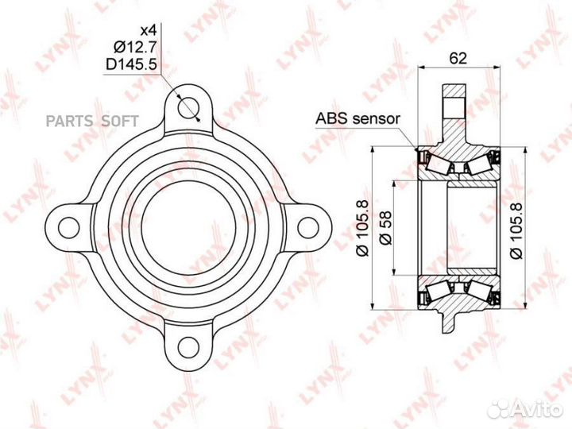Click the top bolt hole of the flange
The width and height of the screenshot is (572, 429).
coord(188,107)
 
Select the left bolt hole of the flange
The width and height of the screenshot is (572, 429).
coord(68,228)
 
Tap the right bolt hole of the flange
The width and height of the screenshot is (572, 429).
coord(308,228)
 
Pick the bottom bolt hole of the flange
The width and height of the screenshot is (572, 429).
coord(188,347)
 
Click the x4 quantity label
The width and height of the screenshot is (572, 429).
coord(149,31)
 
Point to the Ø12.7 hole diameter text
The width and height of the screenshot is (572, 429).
coord(135,47)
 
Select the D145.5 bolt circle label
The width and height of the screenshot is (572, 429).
coord(131,64)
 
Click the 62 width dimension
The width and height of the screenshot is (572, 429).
coord(458,58)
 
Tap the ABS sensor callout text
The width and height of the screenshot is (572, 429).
coord(357,118)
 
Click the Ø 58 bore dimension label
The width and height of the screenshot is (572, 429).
coord(385,227)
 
